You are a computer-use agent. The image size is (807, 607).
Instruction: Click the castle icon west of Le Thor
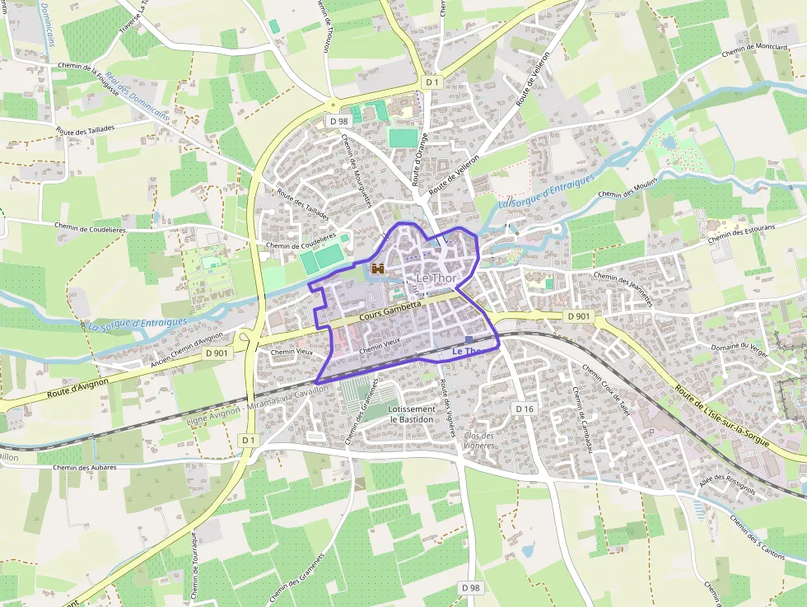(x=379, y=268)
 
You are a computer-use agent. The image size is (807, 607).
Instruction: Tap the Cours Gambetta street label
(x=391, y=311)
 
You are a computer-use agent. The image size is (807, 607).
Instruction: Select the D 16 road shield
(x=525, y=409)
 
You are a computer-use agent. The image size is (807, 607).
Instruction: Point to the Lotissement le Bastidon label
(x=412, y=414)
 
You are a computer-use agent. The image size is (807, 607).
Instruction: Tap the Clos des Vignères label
(x=479, y=440)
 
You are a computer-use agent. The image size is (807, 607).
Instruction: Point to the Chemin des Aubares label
(x=84, y=468)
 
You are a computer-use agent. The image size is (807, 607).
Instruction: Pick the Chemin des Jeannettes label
(x=623, y=289)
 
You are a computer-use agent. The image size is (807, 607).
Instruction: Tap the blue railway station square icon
(x=469, y=339)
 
